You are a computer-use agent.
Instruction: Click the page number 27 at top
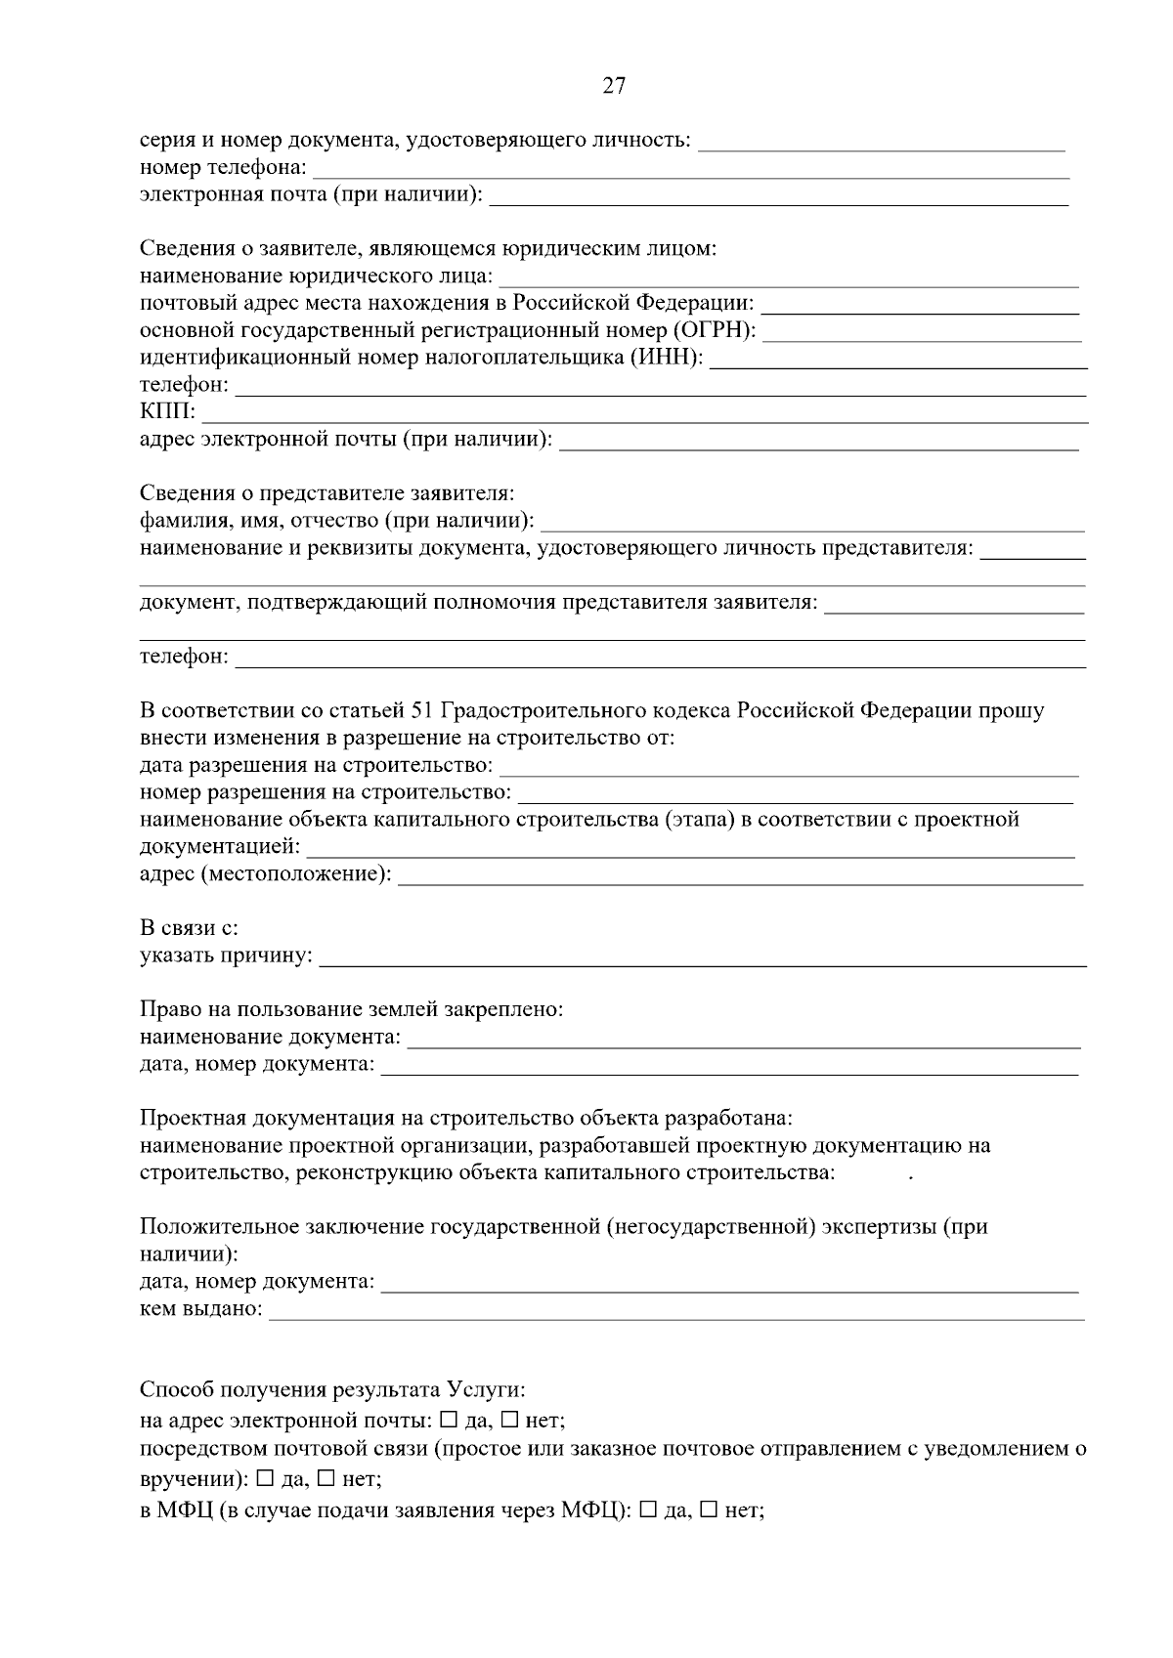pos(613,86)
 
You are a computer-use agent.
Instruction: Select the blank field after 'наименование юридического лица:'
pos(788,278)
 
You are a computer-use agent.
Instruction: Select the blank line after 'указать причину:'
pos(703,956)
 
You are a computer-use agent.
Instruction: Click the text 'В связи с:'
pos(189,927)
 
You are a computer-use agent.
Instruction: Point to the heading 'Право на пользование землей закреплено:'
pos(351,1009)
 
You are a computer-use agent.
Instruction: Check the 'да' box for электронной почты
pos(449,1419)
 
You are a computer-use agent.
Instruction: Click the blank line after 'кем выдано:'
pos(675,1310)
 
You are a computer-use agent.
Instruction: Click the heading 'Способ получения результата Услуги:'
pos(332,1389)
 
